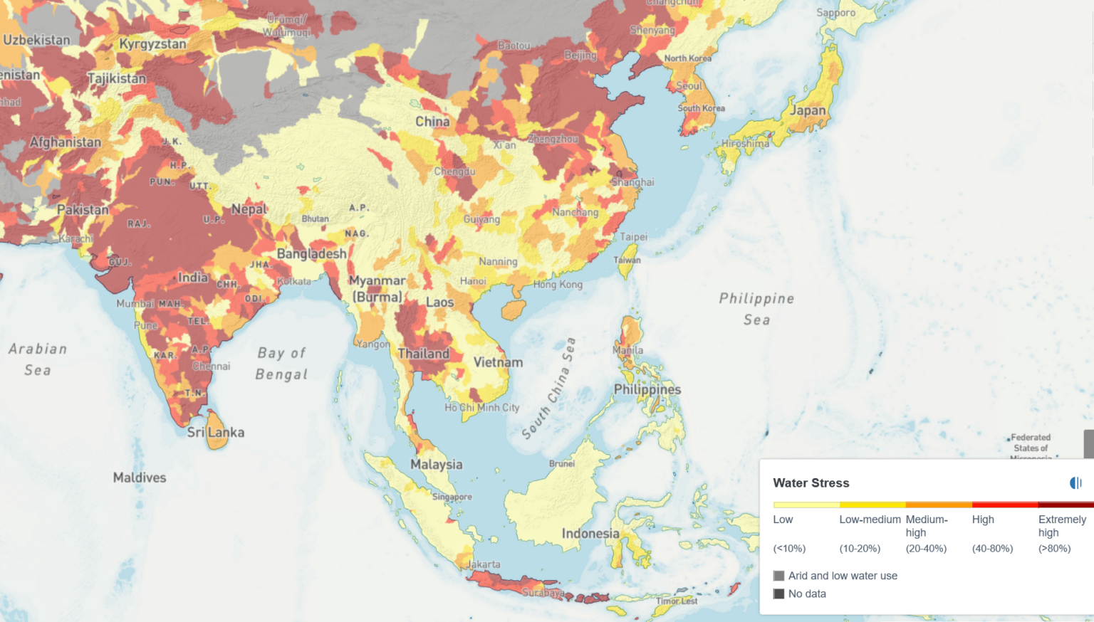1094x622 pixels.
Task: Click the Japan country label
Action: (x=807, y=110)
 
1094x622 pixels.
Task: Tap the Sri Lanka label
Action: (x=215, y=432)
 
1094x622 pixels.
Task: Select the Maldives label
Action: (x=140, y=478)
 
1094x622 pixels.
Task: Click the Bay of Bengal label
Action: (x=281, y=363)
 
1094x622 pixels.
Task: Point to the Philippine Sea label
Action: (x=756, y=309)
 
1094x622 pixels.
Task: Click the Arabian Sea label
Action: (x=38, y=359)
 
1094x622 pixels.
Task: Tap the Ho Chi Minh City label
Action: (x=481, y=408)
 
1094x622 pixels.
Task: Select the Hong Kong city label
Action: (x=558, y=284)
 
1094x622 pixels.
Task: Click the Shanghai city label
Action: (x=632, y=182)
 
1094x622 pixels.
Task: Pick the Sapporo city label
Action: (x=835, y=13)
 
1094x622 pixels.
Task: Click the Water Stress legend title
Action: (x=811, y=483)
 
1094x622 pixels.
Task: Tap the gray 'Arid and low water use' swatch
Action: (x=778, y=576)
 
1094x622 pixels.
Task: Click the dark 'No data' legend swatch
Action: (x=778, y=594)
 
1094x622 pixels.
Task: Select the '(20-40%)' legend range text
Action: (x=926, y=548)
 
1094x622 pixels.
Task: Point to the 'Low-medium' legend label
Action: (x=870, y=520)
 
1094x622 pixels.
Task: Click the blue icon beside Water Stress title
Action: (x=1075, y=483)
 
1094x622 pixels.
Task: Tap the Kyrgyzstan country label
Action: (x=152, y=43)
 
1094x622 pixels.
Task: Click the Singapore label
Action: (x=452, y=497)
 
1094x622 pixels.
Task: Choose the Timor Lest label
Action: (x=676, y=601)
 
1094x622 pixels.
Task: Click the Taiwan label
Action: (x=627, y=260)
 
